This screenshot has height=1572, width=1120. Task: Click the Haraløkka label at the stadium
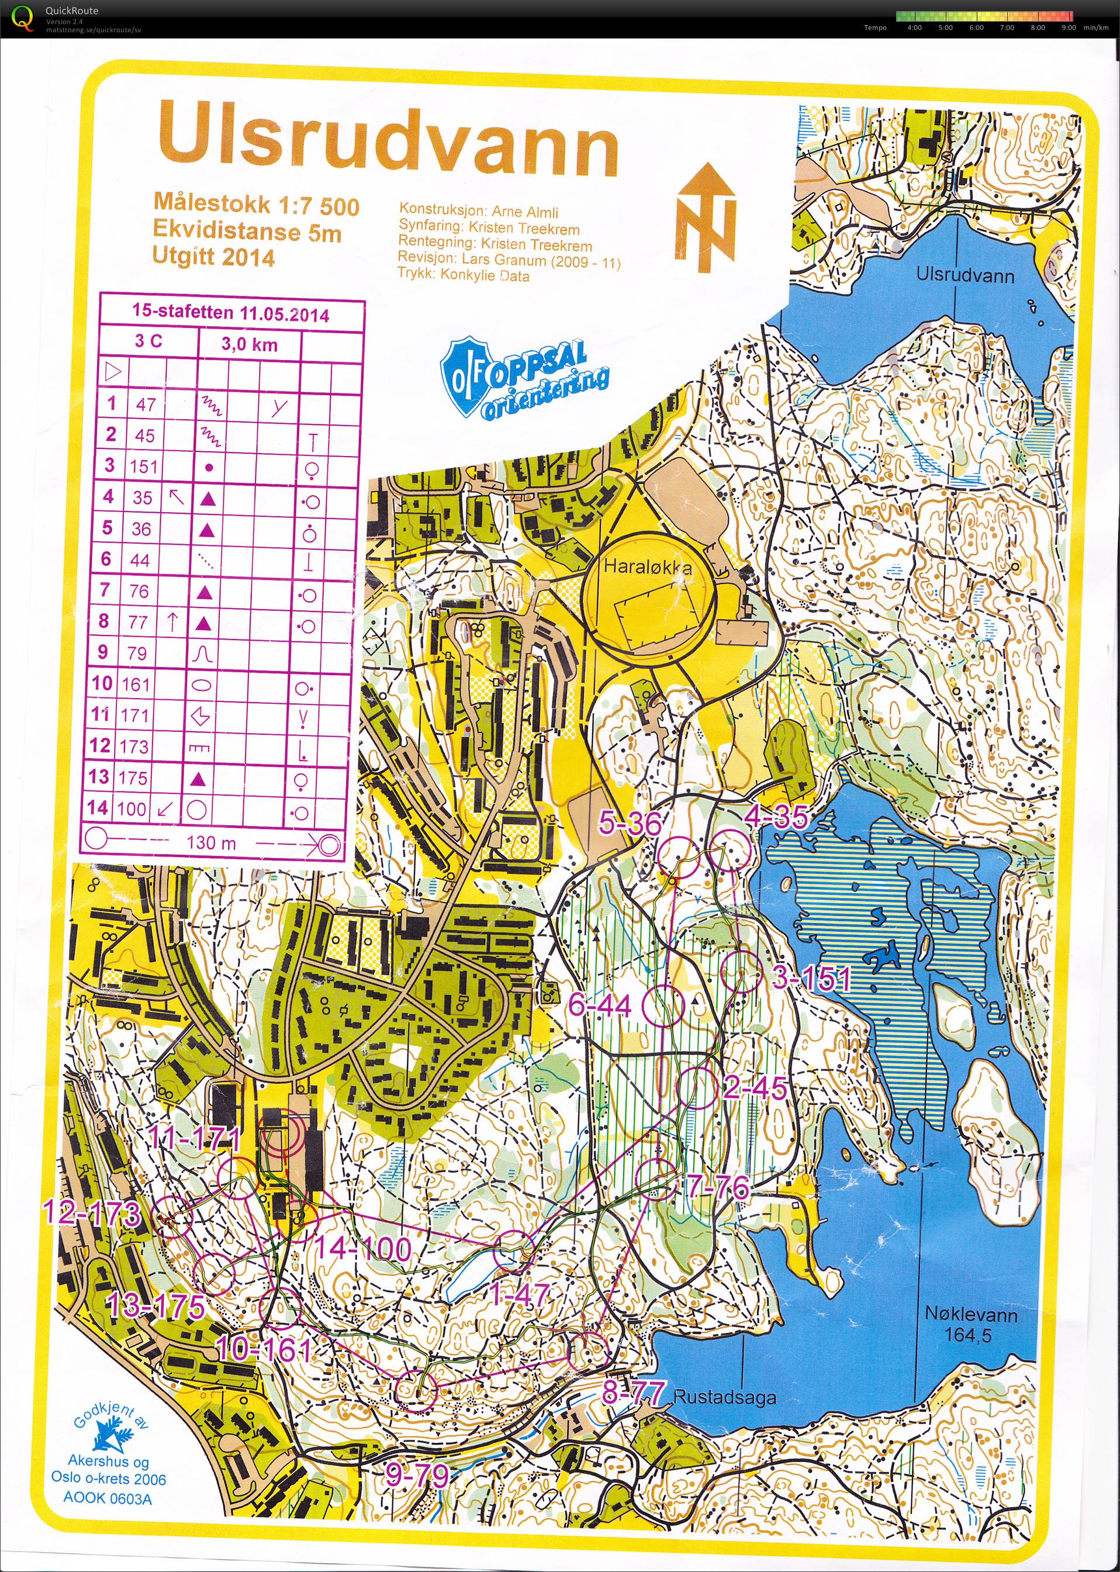click(648, 568)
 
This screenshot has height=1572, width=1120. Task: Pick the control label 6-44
click(600, 1006)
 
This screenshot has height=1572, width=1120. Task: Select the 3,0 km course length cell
click(249, 344)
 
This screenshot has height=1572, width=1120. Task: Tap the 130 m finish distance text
click(210, 842)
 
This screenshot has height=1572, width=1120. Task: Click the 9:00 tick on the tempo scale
click(1069, 27)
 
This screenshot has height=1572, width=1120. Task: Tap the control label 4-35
click(776, 817)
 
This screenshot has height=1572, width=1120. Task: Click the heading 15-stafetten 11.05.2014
click(230, 313)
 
